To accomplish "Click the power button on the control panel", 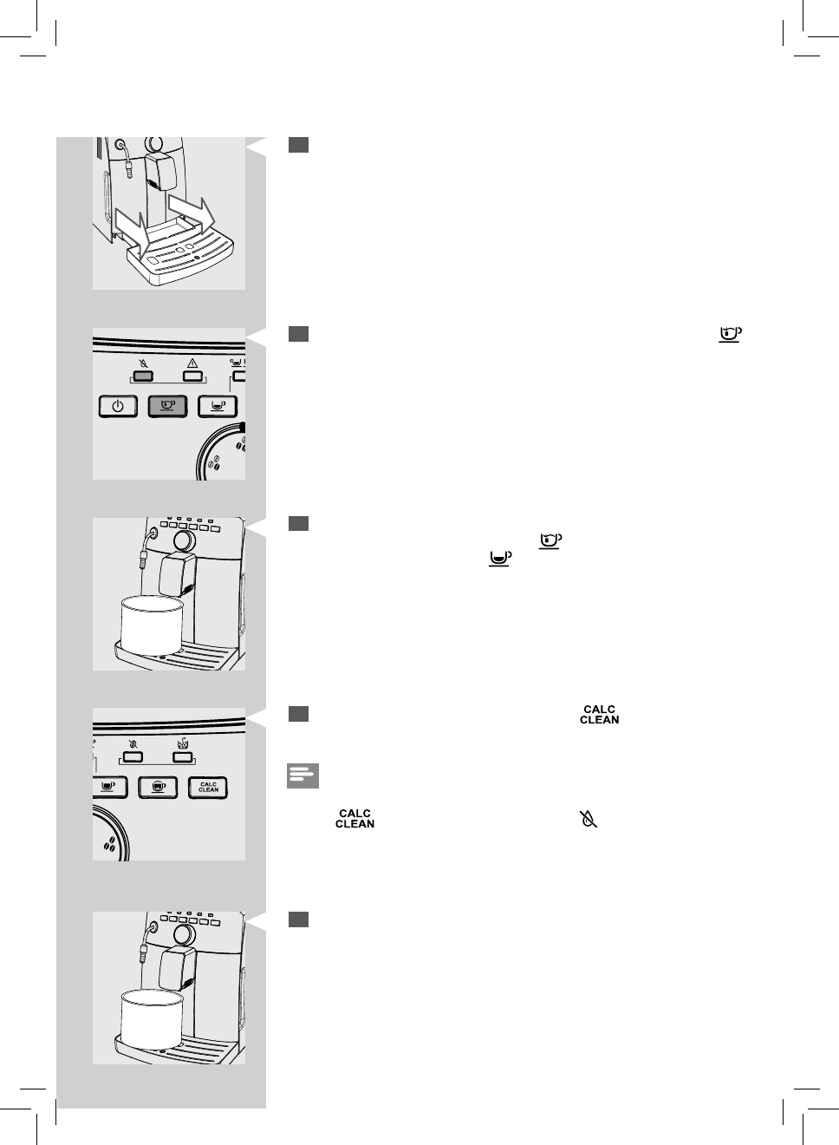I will point(118,406).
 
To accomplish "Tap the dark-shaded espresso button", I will point(167,406).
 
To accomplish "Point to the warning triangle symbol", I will point(192,364).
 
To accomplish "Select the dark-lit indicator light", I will point(144,377).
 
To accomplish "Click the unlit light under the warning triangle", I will point(192,377).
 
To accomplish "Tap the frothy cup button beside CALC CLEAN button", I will point(159,787).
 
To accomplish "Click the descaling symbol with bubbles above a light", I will point(181,743).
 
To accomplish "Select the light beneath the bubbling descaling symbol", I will point(181,756).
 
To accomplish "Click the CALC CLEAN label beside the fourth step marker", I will point(599,715).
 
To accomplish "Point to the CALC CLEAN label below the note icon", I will point(354,819).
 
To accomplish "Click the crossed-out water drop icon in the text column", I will point(589,819).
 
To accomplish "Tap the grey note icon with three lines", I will point(302,775).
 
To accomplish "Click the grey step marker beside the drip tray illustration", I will point(299,145).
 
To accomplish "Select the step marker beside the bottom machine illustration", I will point(299,919).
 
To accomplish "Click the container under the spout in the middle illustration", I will point(152,625).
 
